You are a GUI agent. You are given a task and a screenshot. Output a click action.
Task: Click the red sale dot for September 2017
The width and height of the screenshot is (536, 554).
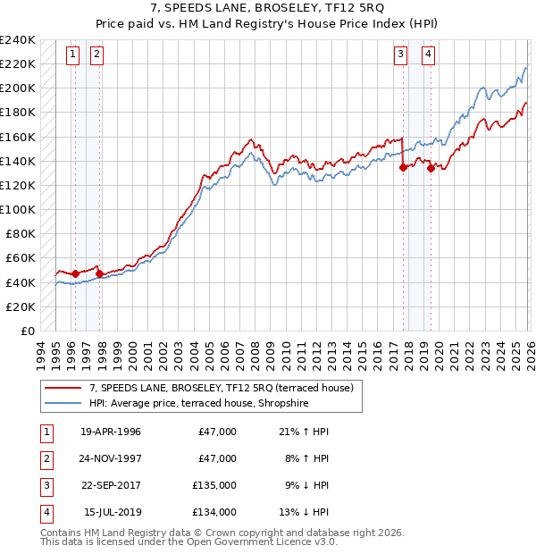point(403,167)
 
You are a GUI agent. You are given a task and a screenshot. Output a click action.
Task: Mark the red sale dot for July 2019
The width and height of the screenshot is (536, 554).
point(431,168)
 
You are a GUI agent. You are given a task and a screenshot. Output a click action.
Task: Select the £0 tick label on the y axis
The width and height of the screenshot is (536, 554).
point(27,331)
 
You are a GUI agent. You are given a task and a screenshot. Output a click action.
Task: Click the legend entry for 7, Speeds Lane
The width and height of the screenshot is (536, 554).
point(222,388)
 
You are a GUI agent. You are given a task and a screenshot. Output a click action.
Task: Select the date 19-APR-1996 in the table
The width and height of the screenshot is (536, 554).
point(110,432)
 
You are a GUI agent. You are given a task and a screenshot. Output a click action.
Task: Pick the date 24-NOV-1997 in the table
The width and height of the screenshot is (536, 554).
point(110,458)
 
